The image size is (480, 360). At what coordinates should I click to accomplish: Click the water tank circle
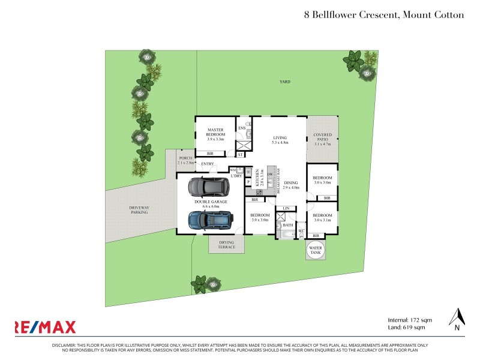316,250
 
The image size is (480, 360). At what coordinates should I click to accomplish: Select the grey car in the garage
208,188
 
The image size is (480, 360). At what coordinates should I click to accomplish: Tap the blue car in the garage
211,221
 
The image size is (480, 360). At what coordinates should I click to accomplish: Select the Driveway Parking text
139,210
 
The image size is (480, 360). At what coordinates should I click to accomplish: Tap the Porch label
185,158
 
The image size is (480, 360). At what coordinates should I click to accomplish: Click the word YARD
284,83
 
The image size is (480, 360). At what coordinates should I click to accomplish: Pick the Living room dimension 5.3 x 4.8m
280,143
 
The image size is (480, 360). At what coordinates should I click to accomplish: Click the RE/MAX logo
46,327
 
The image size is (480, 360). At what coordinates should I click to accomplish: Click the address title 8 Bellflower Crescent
384,14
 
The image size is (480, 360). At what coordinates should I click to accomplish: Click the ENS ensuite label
242,128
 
